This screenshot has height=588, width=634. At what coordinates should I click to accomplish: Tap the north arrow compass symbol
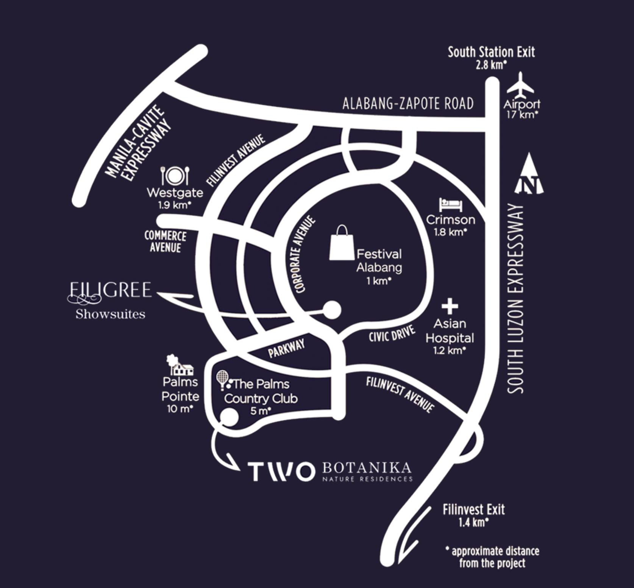pyautogui.click(x=529, y=175)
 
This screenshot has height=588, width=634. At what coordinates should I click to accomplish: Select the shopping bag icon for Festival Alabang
pyautogui.click(x=342, y=243)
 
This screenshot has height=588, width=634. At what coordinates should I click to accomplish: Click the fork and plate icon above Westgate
pyautogui.click(x=175, y=176)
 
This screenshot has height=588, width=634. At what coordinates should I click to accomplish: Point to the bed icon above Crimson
pyautogui.click(x=450, y=205)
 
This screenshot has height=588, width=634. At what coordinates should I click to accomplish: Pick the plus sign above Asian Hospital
pyautogui.click(x=450, y=306)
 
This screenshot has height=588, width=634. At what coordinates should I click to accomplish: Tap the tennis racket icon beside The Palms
pyautogui.click(x=223, y=380)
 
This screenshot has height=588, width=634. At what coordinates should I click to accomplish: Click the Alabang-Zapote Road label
pyautogui.click(x=408, y=104)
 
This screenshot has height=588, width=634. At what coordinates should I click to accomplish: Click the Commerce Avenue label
pyautogui.click(x=165, y=241)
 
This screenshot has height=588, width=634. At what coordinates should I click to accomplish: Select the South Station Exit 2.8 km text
pyautogui.click(x=491, y=58)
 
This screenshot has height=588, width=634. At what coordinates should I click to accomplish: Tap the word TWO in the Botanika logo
pyautogui.click(x=281, y=471)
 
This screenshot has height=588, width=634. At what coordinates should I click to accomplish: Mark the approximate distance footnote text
pyautogui.click(x=493, y=557)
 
